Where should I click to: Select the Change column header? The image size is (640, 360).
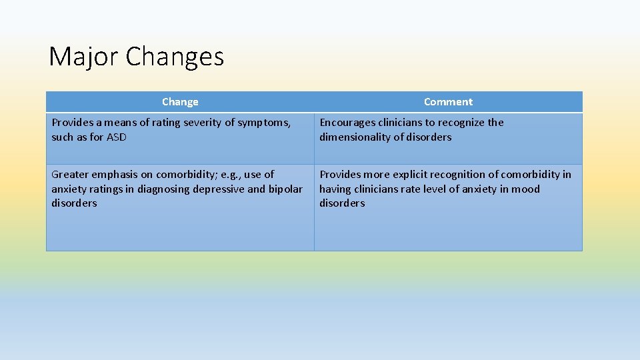point(180,102)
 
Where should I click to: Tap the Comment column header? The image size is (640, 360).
point(448,102)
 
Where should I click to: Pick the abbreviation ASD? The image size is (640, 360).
point(116,137)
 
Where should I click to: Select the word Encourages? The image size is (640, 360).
point(349,123)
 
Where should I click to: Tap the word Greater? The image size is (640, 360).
point(71,175)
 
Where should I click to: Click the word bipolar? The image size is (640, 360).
point(285,189)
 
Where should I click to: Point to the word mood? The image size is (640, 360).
point(526,189)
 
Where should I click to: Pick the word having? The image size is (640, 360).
point(336,189)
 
